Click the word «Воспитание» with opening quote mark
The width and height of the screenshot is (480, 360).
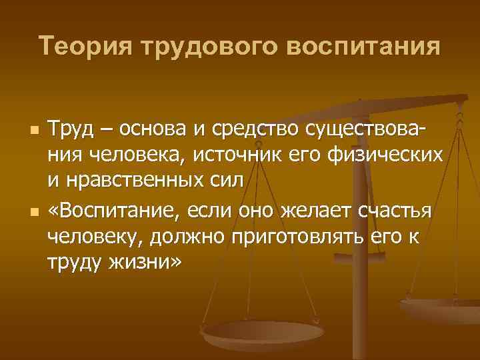pyautogui.click(x=119, y=211)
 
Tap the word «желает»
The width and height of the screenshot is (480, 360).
pyautogui.click(x=311, y=211)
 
